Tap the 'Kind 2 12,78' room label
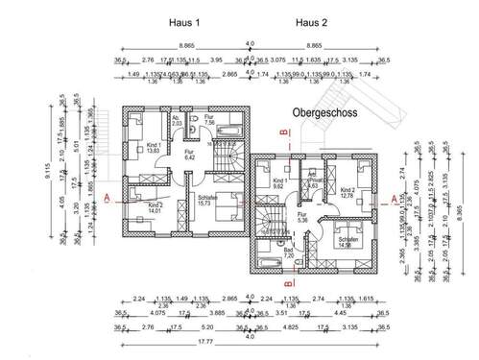tap(347, 194)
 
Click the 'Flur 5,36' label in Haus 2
tap(303, 218)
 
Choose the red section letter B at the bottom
tap(287, 284)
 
